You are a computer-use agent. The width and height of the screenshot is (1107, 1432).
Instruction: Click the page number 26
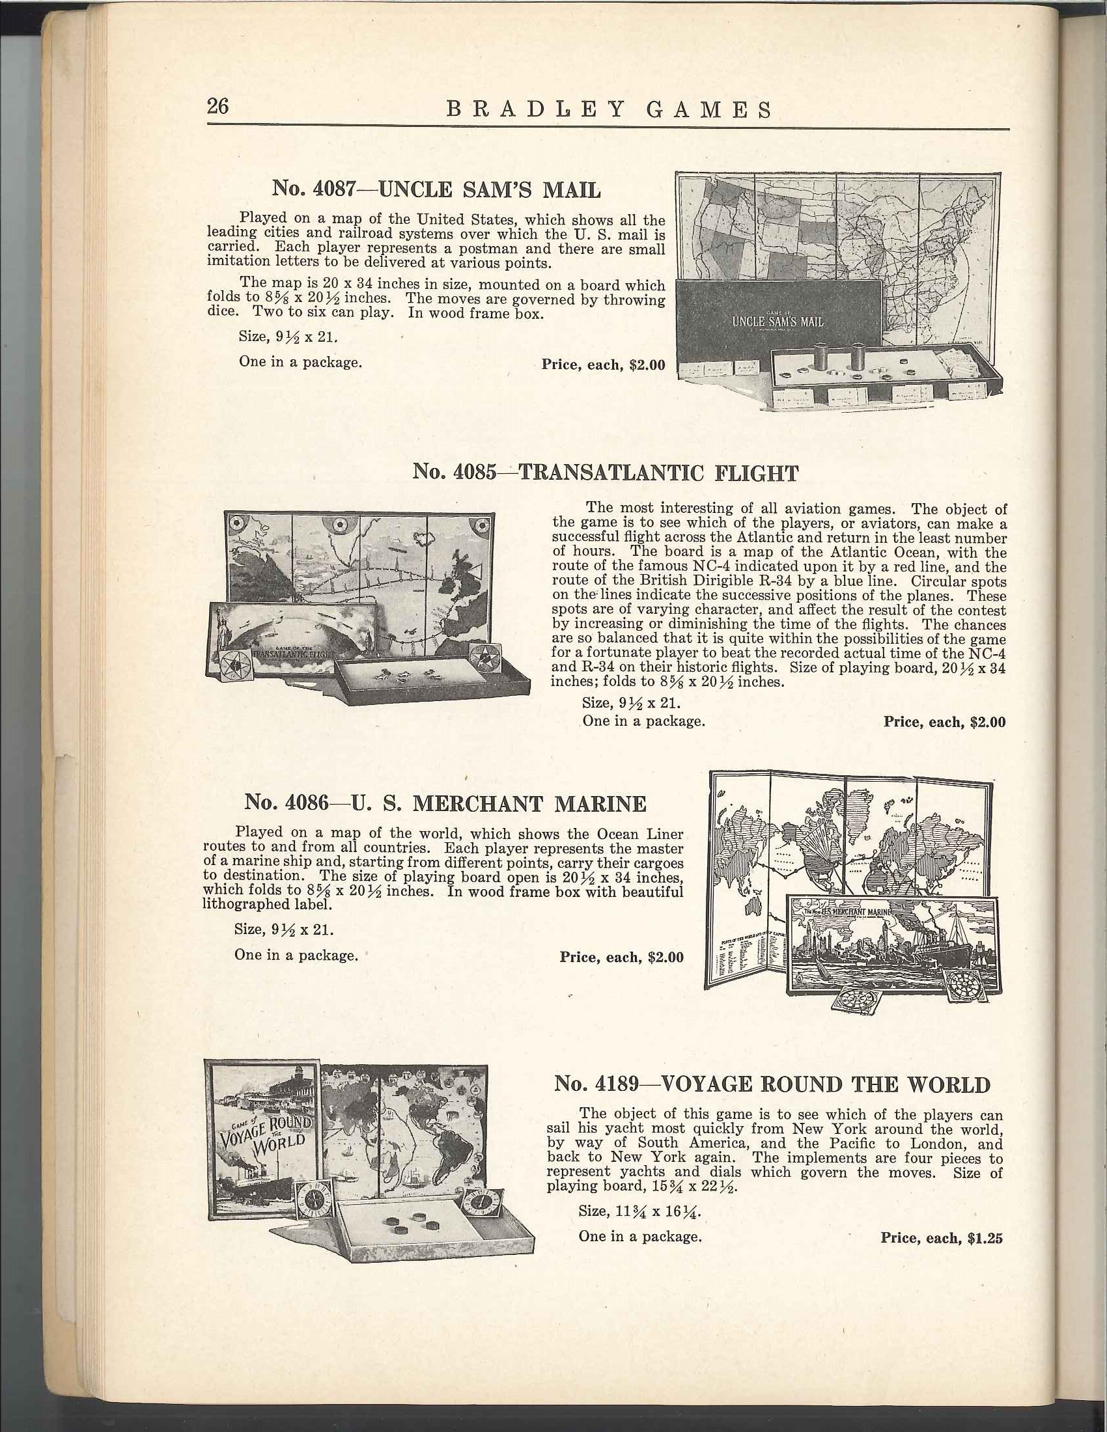(217, 106)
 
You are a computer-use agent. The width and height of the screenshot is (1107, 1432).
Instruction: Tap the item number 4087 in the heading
(335, 189)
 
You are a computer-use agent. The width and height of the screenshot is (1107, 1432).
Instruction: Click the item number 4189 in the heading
(614, 1084)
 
